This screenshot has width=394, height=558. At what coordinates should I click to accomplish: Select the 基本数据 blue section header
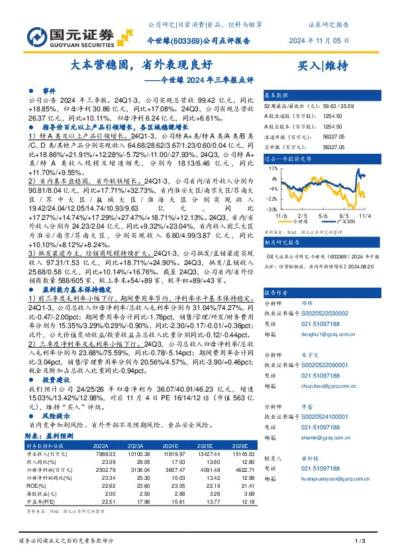(278, 95)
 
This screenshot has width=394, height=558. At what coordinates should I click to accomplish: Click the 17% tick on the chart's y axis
(272, 169)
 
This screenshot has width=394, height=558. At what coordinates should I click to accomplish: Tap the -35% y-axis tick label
(271, 208)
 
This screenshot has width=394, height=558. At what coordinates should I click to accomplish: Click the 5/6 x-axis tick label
(323, 215)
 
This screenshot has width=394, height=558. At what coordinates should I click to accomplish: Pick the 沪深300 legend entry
(343, 223)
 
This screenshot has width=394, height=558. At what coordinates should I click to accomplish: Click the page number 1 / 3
(360, 543)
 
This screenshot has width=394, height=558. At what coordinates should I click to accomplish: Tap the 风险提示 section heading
(58, 416)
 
